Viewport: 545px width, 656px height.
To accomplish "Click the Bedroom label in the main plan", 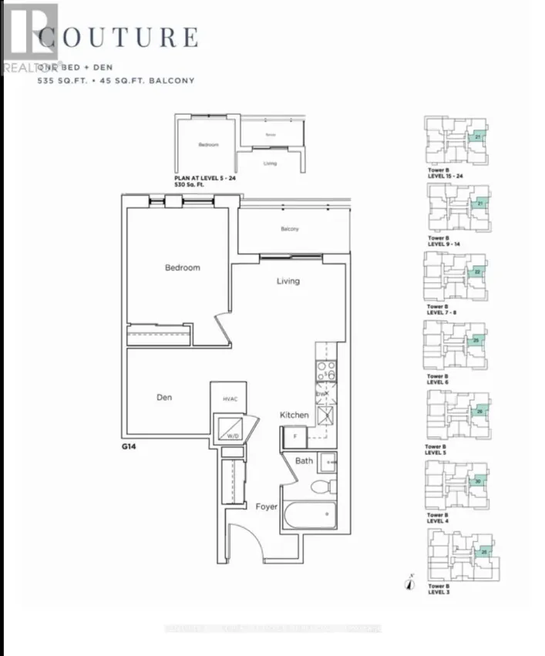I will point(183,267).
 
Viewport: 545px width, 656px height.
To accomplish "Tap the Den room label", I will point(164,398).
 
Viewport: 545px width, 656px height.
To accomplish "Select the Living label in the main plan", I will point(288,281).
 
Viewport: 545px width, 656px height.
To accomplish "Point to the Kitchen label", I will point(294,415).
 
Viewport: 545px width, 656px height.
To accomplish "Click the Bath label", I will point(304,461).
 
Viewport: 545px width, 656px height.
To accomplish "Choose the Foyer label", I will point(267,506).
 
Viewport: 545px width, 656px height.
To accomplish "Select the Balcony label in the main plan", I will point(290,229).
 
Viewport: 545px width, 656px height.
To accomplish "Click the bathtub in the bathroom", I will point(309,515).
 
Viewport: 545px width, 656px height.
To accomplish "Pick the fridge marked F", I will point(293,437).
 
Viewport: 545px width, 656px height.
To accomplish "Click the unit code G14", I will point(129,446).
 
